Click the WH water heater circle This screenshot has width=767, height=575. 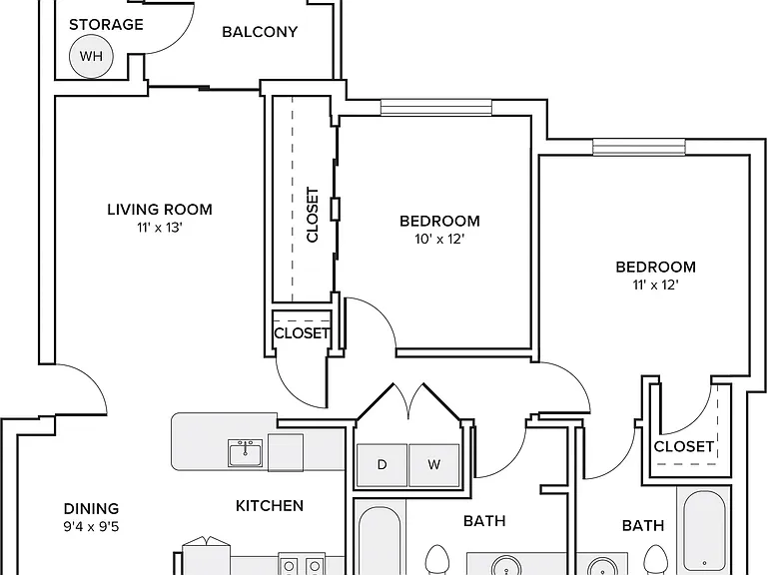[x=91, y=56]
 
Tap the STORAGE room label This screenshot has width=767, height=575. [x=106, y=24]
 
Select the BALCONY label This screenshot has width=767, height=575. [x=260, y=32]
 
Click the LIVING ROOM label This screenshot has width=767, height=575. [x=160, y=210]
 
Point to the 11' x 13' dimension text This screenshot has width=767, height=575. [x=160, y=228]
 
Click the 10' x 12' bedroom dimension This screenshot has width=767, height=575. [x=439, y=240]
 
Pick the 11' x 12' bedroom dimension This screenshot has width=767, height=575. [x=655, y=285]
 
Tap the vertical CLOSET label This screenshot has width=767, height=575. [x=313, y=215]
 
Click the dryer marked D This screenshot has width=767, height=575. [x=383, y=465]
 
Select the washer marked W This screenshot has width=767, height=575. [x=433, y=465]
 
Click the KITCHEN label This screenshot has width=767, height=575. [x=270, y=505]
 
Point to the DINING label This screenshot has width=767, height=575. [x=92, y=508]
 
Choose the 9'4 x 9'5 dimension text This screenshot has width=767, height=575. [x=92, y=527]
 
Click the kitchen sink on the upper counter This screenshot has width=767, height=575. [x=245, y=453]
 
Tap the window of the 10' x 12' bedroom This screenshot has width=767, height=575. [x=435, y=107]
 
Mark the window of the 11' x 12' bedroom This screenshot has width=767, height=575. [x=639, y=147]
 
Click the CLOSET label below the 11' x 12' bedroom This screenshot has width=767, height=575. [x=684, y=446]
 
